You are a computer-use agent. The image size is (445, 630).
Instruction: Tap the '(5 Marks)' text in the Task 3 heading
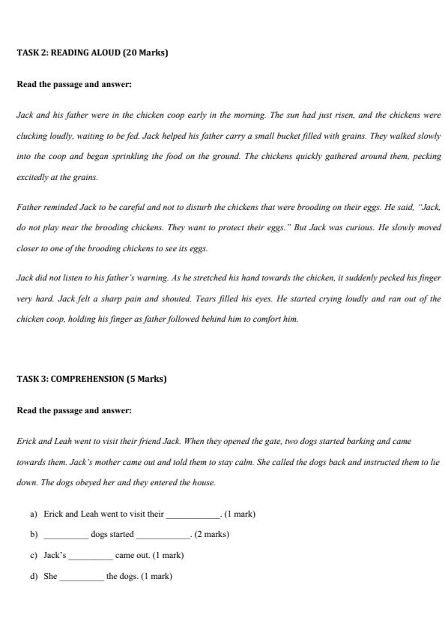tap(146, 379)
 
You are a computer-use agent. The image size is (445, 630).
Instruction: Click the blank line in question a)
tap(193, 514)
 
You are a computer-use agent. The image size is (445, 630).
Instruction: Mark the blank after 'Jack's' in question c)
tap(91, 556)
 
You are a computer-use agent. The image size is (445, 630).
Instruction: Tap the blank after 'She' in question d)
tap(82, 577)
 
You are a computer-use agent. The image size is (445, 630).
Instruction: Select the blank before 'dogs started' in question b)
tap(66, 535)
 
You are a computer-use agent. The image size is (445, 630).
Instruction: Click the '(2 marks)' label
tap(212, 535)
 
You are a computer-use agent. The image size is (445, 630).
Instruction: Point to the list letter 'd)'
tap(34, 577)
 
